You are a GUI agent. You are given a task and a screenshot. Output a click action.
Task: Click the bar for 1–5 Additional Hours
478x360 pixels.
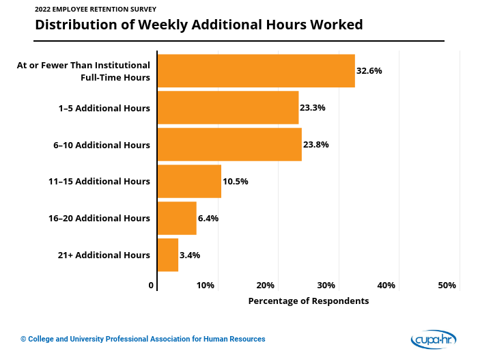tap(228, 108)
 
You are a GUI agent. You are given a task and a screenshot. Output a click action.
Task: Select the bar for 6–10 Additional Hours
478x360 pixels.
tap(229, 145)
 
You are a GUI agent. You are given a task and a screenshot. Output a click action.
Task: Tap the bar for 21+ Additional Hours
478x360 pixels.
tap(168, 255)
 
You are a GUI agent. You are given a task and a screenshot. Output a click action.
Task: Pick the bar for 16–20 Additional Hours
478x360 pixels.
tap(177, 218)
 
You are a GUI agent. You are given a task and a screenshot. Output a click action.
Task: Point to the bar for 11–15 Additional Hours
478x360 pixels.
tap(189, 182)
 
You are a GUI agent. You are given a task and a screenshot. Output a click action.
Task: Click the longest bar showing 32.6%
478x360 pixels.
tap(256, 71)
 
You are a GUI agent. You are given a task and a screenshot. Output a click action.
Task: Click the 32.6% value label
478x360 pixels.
tap(369, 71)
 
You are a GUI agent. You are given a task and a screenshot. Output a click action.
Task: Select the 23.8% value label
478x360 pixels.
tap(316, 145)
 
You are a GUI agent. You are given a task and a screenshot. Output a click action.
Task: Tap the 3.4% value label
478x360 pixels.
tap(190, 255)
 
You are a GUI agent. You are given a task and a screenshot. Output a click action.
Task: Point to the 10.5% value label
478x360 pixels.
tap(236, 182)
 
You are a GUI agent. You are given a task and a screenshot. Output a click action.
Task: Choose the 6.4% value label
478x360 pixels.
tap(208, 218)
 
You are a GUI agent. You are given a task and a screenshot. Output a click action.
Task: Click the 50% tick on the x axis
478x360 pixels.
tap(447, 286)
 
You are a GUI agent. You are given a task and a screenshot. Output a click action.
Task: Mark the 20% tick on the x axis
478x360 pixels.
tap(266, 286)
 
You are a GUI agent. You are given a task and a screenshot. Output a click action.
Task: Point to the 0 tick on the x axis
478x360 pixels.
tap(152, 286)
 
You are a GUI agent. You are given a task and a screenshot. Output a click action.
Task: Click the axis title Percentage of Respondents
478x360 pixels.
tap(308, 301)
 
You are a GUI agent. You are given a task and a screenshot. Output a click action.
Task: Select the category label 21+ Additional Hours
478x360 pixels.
tap(104, 255)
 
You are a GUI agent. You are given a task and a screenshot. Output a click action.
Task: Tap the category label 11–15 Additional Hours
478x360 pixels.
tap(99, 182)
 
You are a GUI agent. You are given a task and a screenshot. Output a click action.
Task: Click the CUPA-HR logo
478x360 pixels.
tap(434, 339)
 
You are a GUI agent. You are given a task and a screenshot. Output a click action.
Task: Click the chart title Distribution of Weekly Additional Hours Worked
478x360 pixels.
tap(199, 25)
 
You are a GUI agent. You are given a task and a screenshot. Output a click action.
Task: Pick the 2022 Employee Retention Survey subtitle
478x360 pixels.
tap(96, 10)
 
